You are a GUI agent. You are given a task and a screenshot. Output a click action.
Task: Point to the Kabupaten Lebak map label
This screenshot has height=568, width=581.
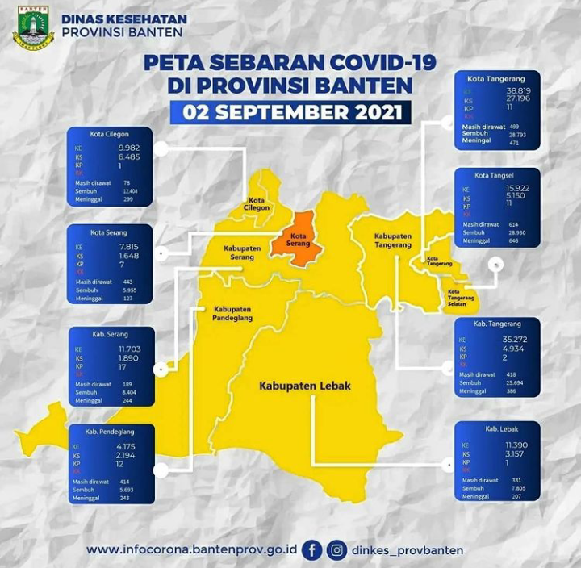(305, 386)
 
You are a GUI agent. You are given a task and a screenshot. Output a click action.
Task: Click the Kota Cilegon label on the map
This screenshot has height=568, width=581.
(257, 203)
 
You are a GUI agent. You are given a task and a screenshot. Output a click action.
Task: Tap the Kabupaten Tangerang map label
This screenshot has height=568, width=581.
(392, 241)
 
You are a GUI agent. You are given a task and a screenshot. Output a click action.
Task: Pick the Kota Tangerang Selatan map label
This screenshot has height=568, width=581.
(461, 297)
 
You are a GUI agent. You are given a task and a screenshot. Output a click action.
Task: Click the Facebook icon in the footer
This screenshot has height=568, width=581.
(312, 550)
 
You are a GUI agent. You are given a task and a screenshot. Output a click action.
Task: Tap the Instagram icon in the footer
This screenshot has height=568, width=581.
(337, 550)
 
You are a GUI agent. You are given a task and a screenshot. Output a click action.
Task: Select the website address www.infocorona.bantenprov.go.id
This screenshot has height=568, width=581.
(191, 550)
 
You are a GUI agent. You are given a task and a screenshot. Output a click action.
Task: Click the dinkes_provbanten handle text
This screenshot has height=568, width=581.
(408, 550)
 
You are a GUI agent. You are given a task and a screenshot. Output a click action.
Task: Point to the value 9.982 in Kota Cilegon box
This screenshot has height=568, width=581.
(130, 148)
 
